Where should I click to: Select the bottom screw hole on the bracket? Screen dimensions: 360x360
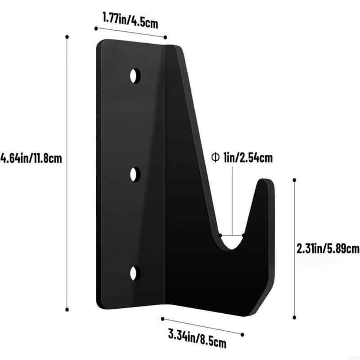coord(135,273)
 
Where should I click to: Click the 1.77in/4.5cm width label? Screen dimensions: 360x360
coord(130,19)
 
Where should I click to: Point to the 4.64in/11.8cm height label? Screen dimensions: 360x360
coord(31,158)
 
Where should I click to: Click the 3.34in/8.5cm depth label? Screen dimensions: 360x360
coord(197,338)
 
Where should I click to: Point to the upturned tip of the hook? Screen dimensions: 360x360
coord(265,184)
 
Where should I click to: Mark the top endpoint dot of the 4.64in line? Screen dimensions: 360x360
coord(67,36)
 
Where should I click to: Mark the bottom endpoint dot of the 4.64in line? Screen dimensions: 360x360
coord(67,309)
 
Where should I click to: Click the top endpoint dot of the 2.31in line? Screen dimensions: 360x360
coord(295,180)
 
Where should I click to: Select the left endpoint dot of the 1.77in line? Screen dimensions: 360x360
coord(96,28)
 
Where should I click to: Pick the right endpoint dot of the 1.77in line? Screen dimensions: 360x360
coord(165,37)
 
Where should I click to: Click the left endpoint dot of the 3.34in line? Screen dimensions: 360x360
coord(162,318)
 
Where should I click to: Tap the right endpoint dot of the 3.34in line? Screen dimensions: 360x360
coord(243,335)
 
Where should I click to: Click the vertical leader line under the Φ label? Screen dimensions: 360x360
coord(232,198)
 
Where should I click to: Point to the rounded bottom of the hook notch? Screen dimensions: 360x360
coord(231,247)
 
